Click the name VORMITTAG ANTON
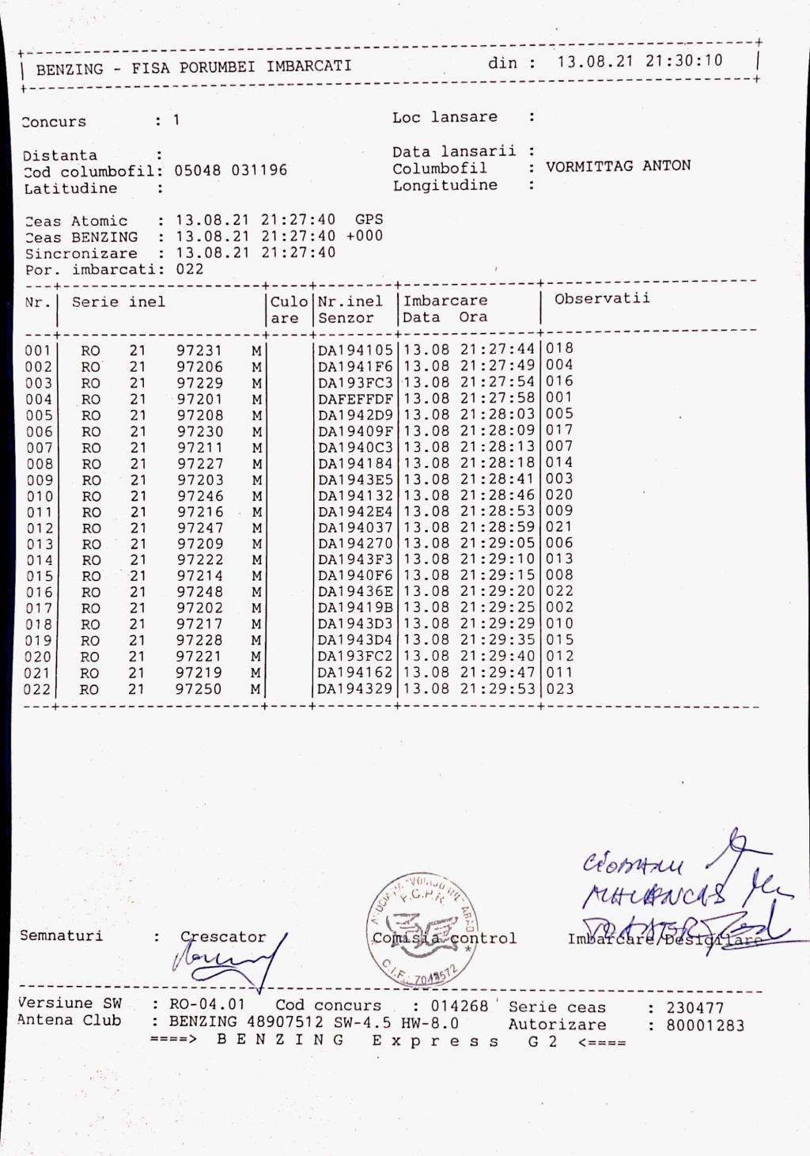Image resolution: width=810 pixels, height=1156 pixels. click(x=618, y=166)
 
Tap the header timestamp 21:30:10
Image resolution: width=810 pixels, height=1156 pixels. click(x=683, y=61)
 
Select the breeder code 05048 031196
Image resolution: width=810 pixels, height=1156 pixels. click(x=231, y=170)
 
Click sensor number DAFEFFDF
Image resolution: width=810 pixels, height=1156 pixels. click(x=355, y=399)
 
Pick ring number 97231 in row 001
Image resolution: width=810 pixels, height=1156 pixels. click(x=199, y=351)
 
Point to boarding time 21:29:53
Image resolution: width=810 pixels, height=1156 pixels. click(x=498, y=688)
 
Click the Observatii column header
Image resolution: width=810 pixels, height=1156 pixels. click(x=602, y=298)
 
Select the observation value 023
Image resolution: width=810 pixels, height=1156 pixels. click(x=560, y=688)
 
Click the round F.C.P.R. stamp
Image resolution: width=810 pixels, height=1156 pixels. click(x=417, y=930)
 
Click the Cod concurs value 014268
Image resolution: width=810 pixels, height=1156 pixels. click(x=460, y=1006)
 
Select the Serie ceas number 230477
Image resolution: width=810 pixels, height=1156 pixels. click(x=695, y=1008)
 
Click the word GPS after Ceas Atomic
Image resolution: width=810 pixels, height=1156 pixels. click(x=369, y=220)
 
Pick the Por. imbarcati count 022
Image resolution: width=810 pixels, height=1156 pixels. click(x=190, y=269)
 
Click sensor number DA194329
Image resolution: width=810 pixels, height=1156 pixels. click(x=355, y=688)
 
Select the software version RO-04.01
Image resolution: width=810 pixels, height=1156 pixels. click(x=207, y=1005)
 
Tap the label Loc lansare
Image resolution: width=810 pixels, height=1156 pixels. click(x=445, y=117)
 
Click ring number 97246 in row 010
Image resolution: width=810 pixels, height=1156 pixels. click(x=200, y=496)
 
